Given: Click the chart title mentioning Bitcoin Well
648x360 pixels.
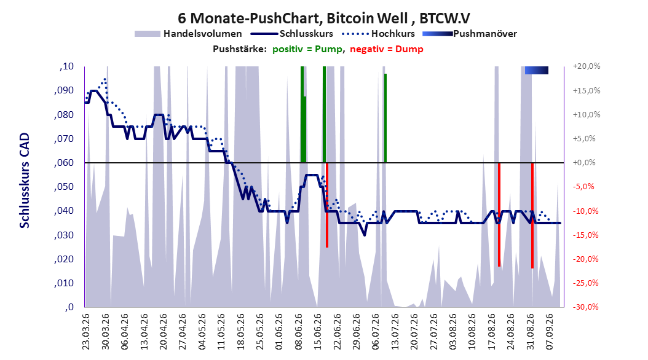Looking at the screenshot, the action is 323,18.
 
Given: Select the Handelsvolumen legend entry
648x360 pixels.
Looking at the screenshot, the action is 188,34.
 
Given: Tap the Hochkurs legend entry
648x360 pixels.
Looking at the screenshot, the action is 378,34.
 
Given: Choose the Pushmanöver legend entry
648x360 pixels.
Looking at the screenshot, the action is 470,34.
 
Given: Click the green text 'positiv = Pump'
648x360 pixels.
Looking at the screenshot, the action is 307,49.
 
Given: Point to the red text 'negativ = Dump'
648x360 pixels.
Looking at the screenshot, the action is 387,49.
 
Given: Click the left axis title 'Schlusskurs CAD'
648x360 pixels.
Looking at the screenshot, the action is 25,180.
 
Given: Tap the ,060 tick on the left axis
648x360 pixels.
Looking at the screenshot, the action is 64,163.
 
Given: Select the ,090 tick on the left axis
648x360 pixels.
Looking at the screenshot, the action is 64,90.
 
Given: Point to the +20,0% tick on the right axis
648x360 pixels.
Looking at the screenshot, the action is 587,66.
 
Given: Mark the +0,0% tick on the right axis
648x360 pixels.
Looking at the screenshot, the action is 584,163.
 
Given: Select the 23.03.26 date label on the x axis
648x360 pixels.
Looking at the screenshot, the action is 86,332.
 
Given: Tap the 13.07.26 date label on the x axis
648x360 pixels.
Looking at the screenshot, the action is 395,332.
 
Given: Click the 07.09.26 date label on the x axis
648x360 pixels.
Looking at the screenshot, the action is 550,332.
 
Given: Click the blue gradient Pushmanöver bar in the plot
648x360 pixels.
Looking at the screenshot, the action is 537,70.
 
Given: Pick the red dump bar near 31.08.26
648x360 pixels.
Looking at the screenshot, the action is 532,216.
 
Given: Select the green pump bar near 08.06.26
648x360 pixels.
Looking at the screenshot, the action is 303,114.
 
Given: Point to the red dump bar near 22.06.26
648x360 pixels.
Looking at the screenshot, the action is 327,205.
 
